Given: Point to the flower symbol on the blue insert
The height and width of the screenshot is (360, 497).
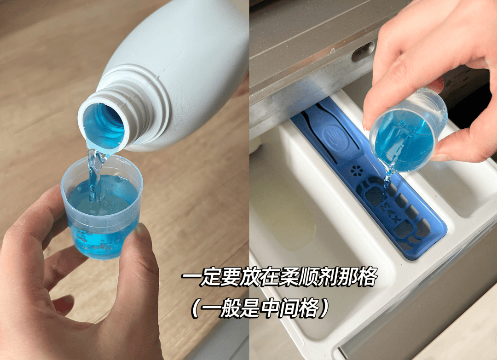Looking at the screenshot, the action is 357,171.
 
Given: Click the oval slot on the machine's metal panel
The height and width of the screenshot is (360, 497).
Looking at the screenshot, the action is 364,51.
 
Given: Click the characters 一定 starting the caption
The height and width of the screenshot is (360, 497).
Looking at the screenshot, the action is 202,277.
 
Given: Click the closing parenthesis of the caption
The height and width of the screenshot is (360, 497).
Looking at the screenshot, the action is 324,308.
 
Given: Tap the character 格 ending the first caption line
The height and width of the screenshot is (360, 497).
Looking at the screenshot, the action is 367,277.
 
